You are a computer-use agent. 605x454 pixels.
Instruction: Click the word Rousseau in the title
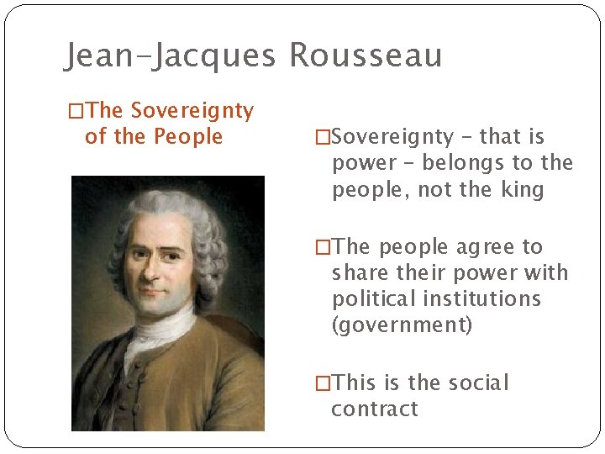(366, 55)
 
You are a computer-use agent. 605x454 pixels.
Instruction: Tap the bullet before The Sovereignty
(75, 111)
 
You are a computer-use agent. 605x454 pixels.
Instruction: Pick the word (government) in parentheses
(402, 325)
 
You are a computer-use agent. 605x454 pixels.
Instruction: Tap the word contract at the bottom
(374, 409)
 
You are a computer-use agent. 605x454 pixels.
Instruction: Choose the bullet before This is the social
(323, 383)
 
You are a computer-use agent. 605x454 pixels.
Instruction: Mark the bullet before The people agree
(323, 247)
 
